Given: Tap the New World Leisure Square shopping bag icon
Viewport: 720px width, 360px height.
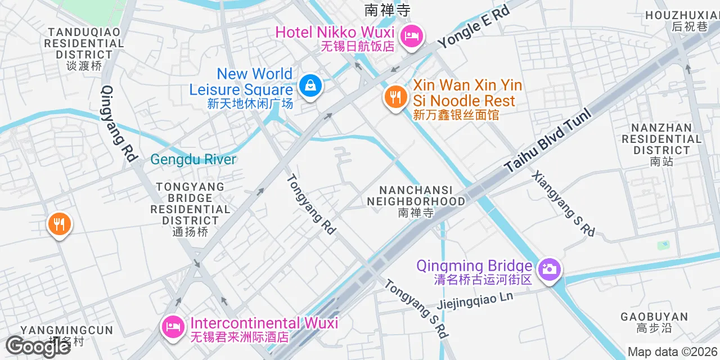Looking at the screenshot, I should click(309, 85).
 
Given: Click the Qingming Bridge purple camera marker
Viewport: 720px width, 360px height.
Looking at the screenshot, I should click(548, 269).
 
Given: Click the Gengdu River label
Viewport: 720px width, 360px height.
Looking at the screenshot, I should click(193, 159).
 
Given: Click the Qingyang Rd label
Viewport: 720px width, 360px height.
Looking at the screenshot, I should click(120, 124).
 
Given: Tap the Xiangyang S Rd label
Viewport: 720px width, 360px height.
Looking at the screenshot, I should click(563, 203).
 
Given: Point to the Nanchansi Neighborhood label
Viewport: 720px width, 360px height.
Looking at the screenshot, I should click(416, 201).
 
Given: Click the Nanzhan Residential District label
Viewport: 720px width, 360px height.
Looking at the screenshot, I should click(661, 145).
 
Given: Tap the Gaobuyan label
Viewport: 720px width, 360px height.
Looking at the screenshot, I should click(654, 322).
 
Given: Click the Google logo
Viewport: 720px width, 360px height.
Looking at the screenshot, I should click(38, 346).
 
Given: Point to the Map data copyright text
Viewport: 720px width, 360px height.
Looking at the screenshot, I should click(673, 352).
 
